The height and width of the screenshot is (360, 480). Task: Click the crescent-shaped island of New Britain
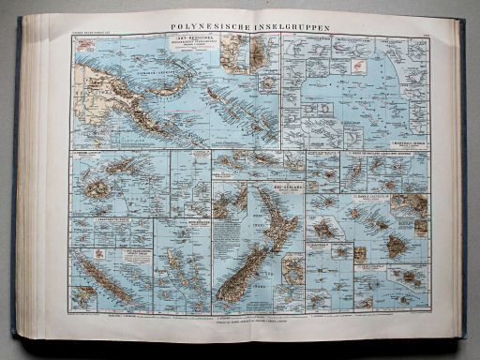pyautogui.click(x=173, y=84)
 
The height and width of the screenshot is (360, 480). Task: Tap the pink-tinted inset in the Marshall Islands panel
pyautogui.click(x=357, y=67)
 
